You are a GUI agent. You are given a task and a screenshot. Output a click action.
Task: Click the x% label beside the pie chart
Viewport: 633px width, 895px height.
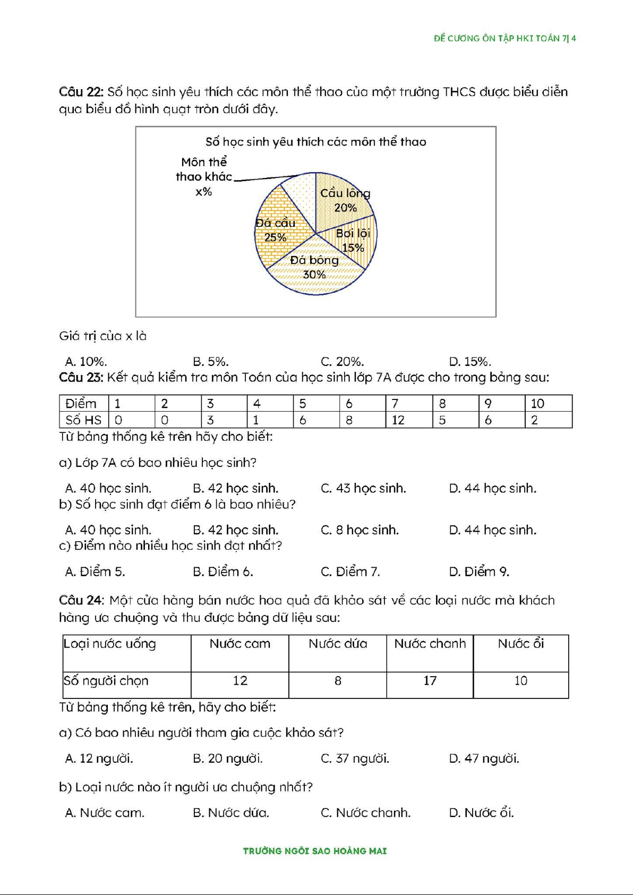click(203, 192)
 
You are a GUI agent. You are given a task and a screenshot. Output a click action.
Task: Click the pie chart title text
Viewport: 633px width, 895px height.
click(315, 142)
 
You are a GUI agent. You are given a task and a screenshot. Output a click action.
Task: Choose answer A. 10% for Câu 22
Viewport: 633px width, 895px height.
click(86, 362)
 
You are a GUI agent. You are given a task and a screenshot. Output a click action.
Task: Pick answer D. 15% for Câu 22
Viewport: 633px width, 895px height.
click(469, 362)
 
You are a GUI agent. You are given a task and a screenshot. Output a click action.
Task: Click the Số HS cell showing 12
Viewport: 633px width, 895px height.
click(398, 420)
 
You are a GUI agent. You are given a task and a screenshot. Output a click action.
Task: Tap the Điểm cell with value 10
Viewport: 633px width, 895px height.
click(537, 404)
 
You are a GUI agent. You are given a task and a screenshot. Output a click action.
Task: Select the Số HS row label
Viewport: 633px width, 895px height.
click(83, 420)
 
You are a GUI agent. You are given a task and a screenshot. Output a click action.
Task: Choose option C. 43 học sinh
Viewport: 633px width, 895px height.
click(363, 488)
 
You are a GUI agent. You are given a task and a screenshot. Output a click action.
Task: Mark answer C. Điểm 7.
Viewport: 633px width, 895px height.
click(350, 572)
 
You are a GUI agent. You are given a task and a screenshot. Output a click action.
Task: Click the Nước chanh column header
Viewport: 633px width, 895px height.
click(430, 644)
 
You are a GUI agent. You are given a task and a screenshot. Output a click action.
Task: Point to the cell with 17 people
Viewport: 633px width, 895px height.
click(430, 680)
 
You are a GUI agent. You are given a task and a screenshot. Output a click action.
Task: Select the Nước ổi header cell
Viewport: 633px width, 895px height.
click(520, 644)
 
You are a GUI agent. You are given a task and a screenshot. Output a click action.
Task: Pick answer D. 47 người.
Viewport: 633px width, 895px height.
click(483, 758)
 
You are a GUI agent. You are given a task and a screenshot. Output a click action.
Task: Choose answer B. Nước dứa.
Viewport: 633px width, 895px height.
click(230, 813)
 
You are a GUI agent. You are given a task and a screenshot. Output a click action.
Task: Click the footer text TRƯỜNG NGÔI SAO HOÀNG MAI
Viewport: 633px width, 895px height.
click(315, 851)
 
